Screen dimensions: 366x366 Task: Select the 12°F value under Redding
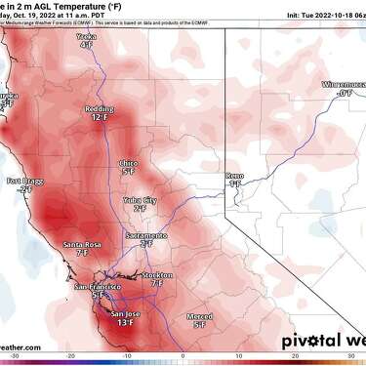click(99, 117)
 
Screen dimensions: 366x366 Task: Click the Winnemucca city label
click(343, 85)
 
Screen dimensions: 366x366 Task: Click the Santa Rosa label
click(81, 243)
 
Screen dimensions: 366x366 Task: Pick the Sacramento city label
click(145, 235)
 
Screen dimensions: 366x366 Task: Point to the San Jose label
click(127, 313)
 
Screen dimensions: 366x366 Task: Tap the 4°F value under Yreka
click(88, 71)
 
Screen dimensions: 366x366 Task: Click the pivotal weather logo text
click(323, 341)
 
